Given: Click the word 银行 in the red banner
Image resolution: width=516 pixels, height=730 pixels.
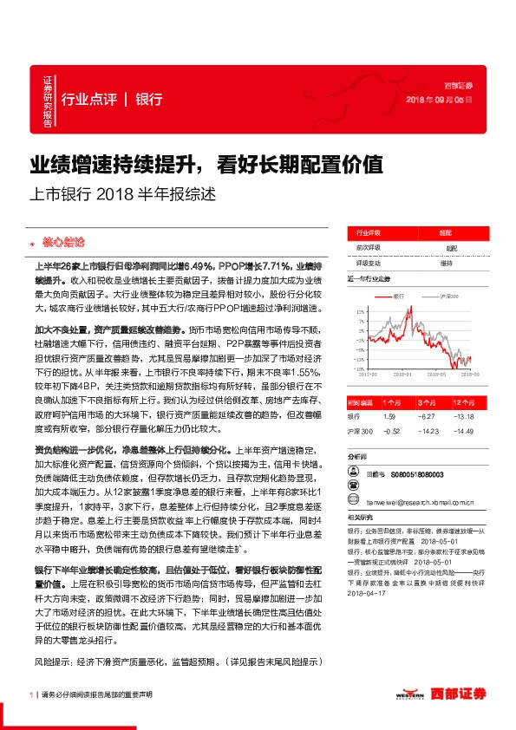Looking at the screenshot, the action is [150, 99].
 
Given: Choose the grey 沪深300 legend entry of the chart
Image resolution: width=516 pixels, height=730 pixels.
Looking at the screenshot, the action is [447, 296].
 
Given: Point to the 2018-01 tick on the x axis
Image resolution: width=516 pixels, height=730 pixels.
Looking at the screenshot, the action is [402, 375].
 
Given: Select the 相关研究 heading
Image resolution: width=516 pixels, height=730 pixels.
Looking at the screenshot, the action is [360, 518].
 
